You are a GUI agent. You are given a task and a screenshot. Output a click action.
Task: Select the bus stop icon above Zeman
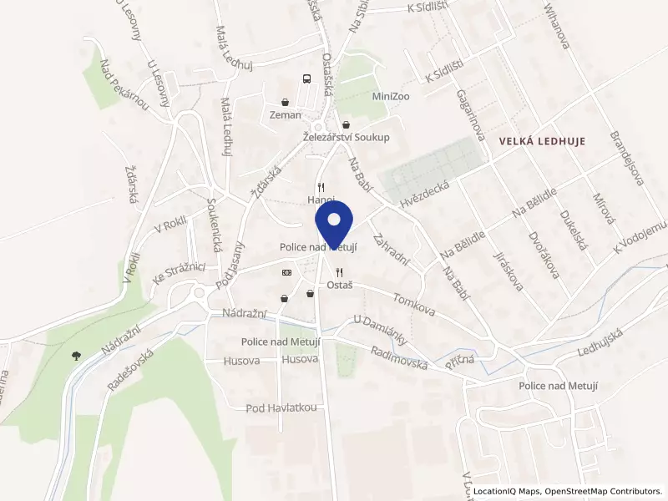[306, 80]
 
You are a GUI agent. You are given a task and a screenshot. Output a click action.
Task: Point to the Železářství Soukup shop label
[346, 137]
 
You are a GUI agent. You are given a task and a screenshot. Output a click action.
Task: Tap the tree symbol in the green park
[76, 354]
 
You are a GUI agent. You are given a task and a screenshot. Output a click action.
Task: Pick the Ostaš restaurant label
[339, 285]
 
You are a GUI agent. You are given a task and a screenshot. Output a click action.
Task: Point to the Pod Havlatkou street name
[281, 407]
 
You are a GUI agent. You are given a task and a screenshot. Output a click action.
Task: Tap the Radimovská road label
[399, 357]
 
